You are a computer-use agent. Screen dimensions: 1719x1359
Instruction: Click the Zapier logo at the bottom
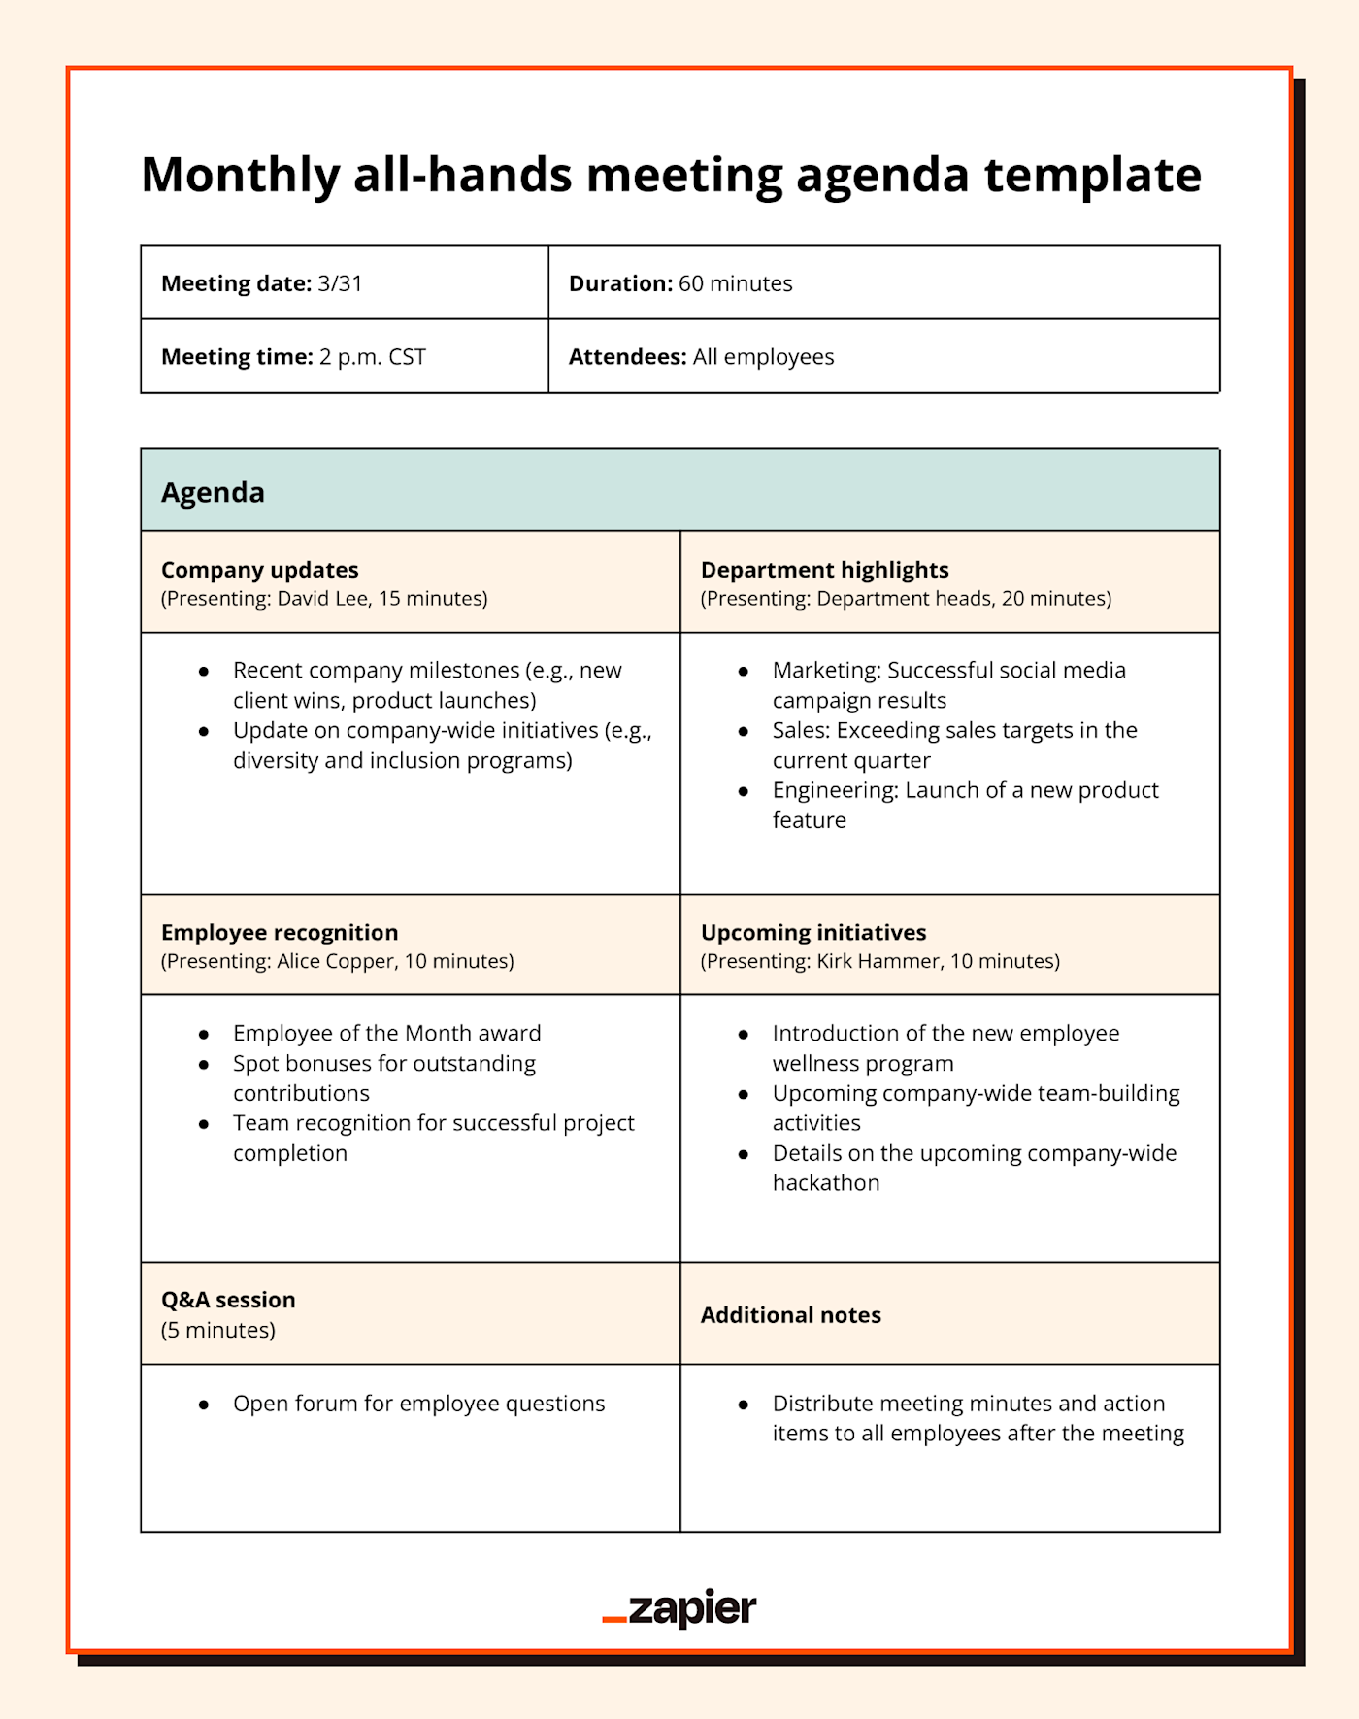679,1608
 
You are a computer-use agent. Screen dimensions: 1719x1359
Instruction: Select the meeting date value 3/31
340,283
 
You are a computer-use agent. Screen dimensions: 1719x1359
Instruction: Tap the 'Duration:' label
620,283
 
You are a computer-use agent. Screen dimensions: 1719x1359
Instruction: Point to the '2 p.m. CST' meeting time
373,357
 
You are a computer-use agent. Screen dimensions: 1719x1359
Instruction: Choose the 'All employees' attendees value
763,357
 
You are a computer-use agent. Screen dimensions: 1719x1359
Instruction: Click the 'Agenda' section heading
213,492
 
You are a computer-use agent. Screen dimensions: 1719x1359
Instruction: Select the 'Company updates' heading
259,570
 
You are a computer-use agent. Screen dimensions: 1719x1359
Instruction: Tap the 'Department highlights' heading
824,570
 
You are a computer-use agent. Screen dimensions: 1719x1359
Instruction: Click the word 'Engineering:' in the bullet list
835,790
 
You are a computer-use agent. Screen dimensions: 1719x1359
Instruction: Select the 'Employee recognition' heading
280,932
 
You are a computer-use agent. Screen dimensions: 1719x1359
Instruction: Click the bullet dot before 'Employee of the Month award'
204,1035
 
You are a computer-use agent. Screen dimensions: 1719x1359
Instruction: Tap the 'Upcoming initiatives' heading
813,932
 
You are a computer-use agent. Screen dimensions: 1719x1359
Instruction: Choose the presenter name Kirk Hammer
878,961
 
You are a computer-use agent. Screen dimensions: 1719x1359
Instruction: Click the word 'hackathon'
826,1183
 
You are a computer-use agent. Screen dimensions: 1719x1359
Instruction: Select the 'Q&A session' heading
228,1300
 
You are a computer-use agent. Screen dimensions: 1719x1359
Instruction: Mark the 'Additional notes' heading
791,1315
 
